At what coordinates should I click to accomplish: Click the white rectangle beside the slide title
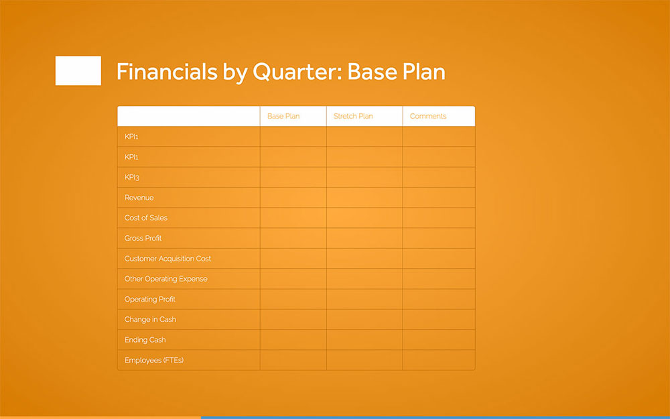pos(78,71)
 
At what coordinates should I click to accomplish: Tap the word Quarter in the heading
pos(295,72)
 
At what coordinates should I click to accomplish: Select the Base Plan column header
pos(283,117)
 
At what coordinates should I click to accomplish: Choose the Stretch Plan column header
pos(353,117)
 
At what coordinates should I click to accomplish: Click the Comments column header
pos(427,117)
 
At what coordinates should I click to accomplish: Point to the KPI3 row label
pos(132,178)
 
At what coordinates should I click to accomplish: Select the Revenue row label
pos(139,198)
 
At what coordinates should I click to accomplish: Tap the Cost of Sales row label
pos(146,218)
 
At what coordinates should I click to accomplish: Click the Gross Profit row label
pos(143,239)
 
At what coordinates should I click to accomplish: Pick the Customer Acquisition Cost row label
pos(167,259)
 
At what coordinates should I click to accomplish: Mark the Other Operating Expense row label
pos(165,279)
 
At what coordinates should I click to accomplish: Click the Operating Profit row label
pos(150,299)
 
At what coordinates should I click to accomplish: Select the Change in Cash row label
pos(150,320)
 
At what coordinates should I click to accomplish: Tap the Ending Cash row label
pos(145,340)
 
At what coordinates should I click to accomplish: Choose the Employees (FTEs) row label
pos(154,360)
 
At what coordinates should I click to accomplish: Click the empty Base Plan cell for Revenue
pos(293,198)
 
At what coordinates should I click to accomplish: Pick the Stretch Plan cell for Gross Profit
pos(364,239)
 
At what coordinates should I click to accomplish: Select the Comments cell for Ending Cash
pos(439,340)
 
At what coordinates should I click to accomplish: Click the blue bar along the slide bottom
pos(435,417)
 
